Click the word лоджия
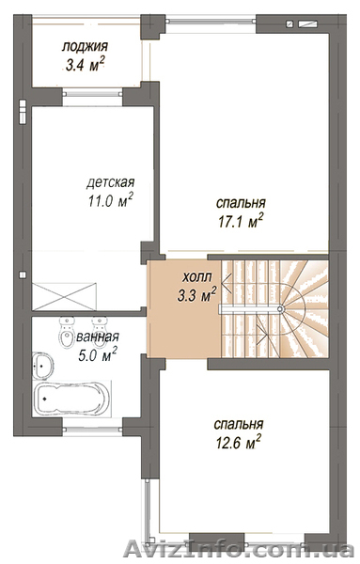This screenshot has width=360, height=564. pyautogui.click(x=85, y=47)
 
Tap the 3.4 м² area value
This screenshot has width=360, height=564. pyautogui.click(x=86, y=65)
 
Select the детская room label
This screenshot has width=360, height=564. pyautogui.click(x=110, y=182)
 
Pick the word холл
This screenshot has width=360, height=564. pyautogui.click(x=197, y=277)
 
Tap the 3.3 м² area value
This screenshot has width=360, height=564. pyautogui.click(x=196, y=295)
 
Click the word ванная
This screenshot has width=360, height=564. pyautogui.click(x=97, y=337)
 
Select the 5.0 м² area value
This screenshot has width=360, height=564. pyautogui.click(x=97, y=355)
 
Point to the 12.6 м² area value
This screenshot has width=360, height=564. pyautogui.click(x=238, y=442)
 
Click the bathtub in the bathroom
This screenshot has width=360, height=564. pyautogui.click(x=71, y=399)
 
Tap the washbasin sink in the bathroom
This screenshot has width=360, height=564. pyautogui.click(x=43, y=366)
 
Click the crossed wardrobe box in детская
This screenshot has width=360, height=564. pyautogui.click(x=64, y=296)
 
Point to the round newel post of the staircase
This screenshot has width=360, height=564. pyautogui.click(x=280, y=308)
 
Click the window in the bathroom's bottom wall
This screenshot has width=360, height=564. pyautogui.click(x=92, y=429)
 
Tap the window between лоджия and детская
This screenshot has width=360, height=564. pyautogui.click(x=92, y=94)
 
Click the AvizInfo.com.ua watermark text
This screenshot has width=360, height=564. pyautogui.click(x=239, y=551)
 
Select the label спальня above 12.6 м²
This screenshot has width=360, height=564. pyautogui.click(x=239, y=424)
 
